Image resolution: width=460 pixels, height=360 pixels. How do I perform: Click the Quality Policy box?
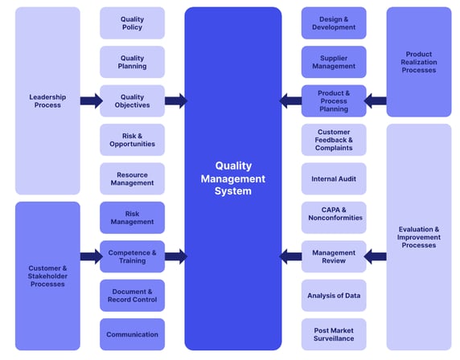click(132, 23)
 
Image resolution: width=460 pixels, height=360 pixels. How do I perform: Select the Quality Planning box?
click(132, 62)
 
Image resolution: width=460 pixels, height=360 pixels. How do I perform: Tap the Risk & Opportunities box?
click(132, 140)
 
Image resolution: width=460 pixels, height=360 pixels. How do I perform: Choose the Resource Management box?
click(132, 178)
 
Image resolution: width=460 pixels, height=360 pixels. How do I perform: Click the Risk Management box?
click(132, 217)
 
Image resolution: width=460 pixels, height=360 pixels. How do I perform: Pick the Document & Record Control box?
click(132, 295)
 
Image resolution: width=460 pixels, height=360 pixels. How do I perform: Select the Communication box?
click(132, 334)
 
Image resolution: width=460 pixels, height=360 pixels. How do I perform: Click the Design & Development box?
click(333, 23)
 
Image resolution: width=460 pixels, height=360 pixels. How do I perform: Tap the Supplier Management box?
click(333, 62)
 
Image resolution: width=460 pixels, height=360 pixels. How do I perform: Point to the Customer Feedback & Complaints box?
click(333, 140)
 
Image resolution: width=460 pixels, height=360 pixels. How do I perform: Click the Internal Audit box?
click(333, 178)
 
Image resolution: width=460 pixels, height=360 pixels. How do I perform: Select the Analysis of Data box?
click(333, 295)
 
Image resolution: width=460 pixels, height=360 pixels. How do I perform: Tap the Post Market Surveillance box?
click(333, 334)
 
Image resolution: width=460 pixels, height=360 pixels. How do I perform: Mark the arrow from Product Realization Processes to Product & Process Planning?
click(375, 101)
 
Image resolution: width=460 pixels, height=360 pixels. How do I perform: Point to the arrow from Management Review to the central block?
click(290, 256)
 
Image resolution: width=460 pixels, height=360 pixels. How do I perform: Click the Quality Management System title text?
click(232, 178)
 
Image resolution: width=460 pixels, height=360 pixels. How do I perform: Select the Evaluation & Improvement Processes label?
click(418, 237)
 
